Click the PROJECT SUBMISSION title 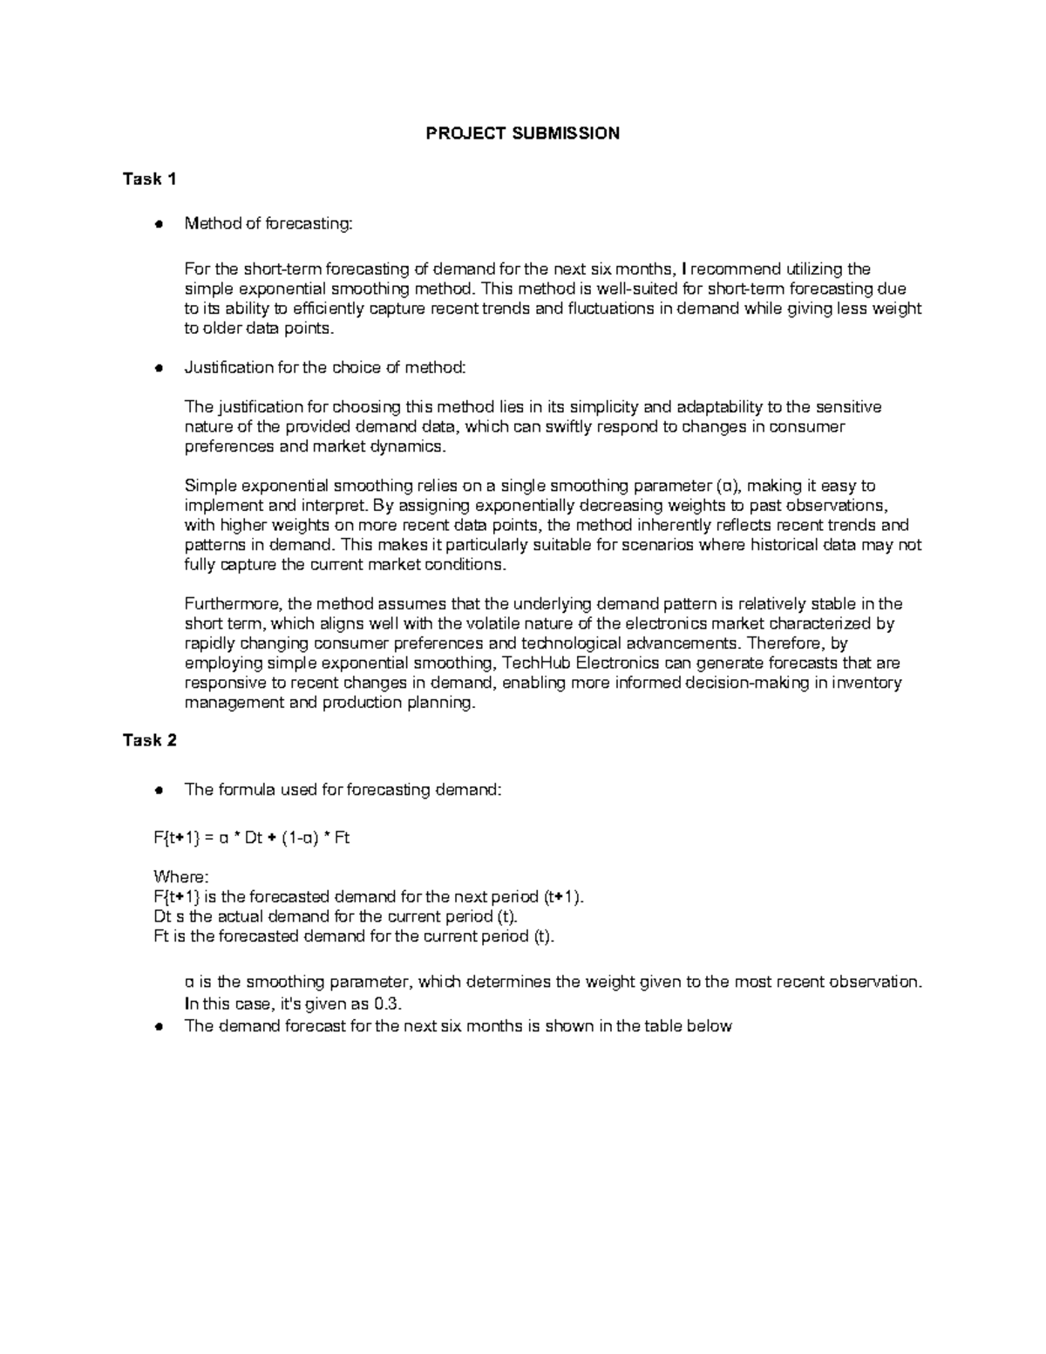point(522,133)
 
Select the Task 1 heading point(150,179)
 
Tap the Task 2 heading point(150,740)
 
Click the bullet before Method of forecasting point(159,224)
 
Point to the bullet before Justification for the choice point(159,368)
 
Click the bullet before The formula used point(159,790)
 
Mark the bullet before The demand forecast point(159,1026)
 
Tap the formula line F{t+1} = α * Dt point(251,838)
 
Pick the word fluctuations point(608,309)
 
